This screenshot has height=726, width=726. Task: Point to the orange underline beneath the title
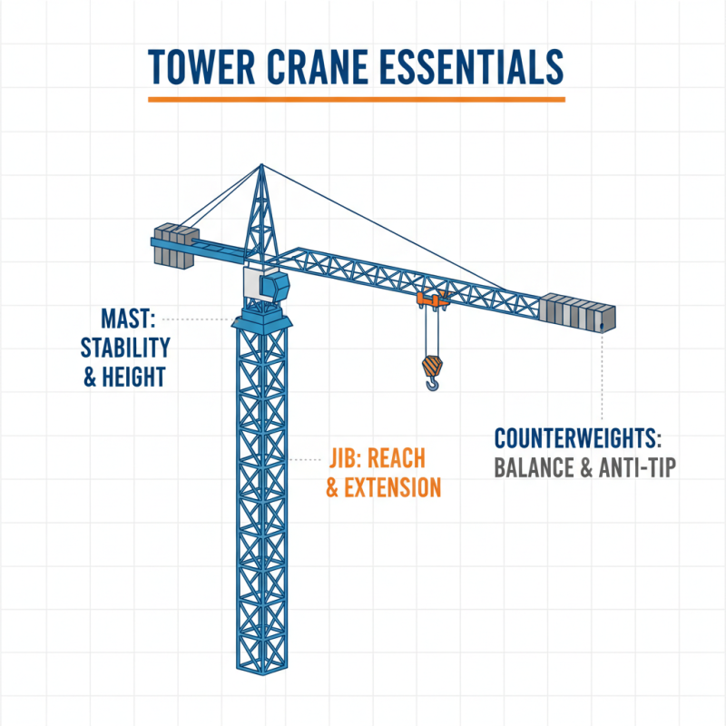(356, 98)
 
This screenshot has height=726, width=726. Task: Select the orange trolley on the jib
(432, 299)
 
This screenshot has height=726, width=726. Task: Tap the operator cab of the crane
(270, 286)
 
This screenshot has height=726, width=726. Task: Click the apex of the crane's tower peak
(261, 165)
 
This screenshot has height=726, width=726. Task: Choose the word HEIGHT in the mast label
(136, 376)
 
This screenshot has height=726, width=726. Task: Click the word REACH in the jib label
(409, 459)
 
